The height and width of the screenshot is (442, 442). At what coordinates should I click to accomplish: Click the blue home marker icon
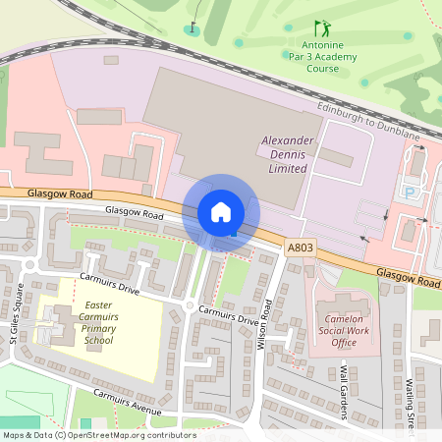(x=221, y=211)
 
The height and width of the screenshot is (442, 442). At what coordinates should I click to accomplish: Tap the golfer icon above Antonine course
(x=321, y=28)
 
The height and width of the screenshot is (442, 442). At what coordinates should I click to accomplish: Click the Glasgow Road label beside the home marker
(x=134, y=213)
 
